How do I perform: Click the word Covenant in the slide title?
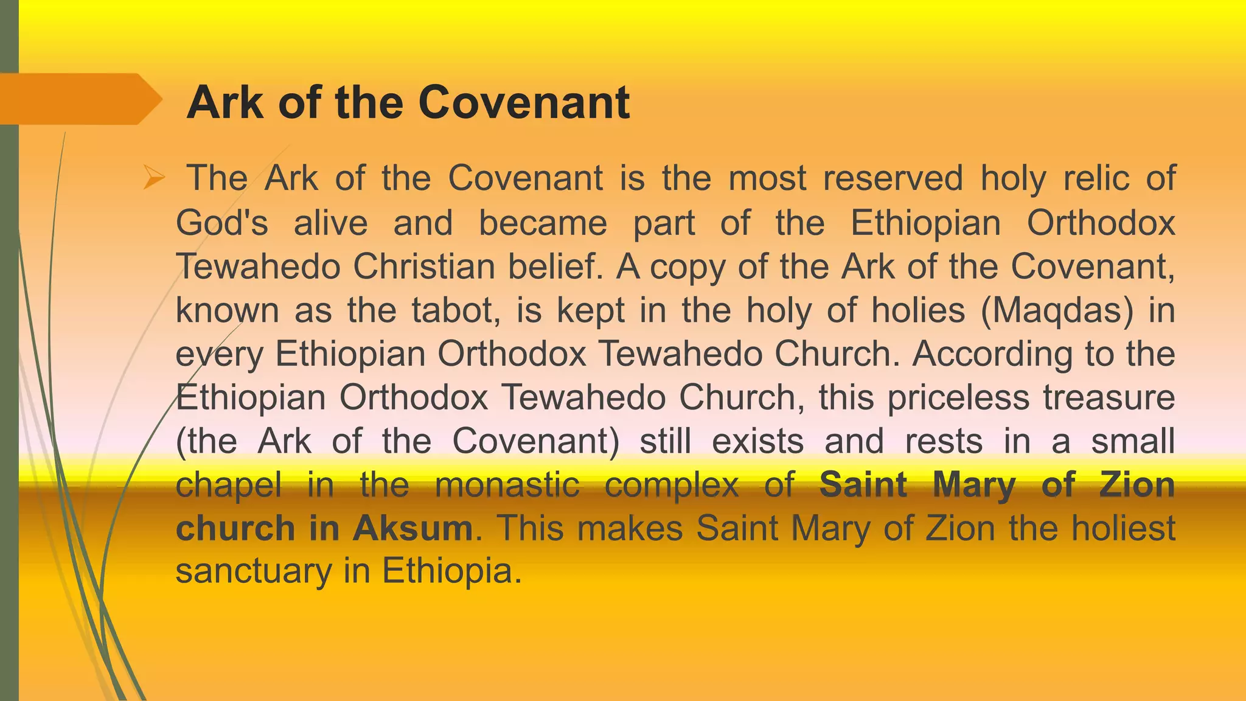(x=524, y=102)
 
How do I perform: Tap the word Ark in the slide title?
(x=225, y=102)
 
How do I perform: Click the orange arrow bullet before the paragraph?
(x=154, y=178)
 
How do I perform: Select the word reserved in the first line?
(x=893, y=178)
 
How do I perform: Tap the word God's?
(x=221, y=222)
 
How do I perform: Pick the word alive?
(x=331, y=222)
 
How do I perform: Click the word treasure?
(x=1109, y=397)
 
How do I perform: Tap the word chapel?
(x=229, y=485)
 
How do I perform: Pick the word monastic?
(x=507, y=485)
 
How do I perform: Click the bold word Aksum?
(x=413, y=528)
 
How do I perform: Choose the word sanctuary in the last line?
(x=252, y=572)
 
